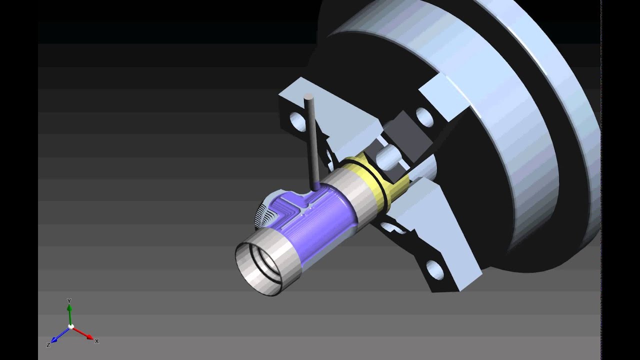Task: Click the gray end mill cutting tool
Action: pos(312,145)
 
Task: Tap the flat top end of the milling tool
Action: pos(308,96)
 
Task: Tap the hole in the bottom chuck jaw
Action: pos(432,270)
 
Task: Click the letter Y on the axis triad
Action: pos(69,301)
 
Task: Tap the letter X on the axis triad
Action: pos(96,341)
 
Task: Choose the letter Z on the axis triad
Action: pos(48,345)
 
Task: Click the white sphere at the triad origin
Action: pos(71,326)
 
